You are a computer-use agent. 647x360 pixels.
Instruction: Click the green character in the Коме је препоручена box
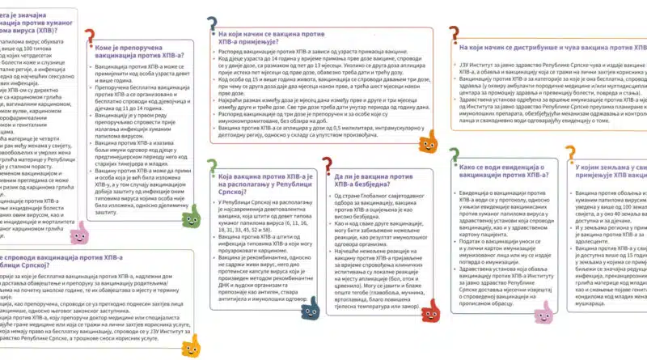click(x=191, y=218)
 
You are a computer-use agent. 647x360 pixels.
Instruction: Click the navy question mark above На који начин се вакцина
click(x=213, y=25)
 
